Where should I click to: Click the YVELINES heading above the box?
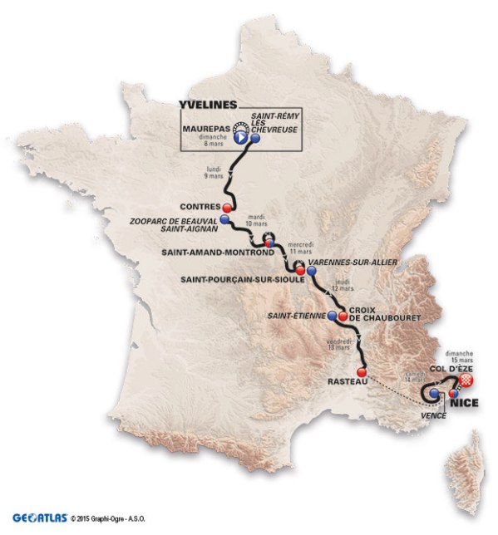point(208,105)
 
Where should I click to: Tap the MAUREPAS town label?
point(203,130)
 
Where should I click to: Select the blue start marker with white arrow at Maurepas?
point(240,140)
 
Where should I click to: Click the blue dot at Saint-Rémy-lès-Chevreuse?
point(256,140)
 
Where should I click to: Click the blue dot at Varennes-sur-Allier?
point(311,271)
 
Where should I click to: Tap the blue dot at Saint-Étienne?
point(332,315)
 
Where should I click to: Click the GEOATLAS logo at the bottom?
point(38,515)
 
